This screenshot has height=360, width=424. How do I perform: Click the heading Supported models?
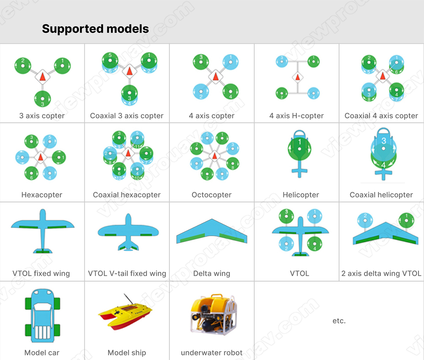point(95,29)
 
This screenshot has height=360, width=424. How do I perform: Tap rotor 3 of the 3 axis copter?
point(42,98)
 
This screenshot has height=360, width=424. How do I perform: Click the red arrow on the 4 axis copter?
point(215,76)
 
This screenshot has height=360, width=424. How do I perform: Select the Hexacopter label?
point(42,195)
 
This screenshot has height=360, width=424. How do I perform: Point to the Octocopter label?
point(211,195)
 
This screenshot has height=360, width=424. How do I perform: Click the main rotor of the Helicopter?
point(300,149)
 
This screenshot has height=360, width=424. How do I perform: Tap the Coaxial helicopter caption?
point(381,195)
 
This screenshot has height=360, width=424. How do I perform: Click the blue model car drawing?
point(42,315)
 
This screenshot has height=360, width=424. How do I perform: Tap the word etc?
point(339,321)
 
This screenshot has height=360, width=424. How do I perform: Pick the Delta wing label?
point(212,274)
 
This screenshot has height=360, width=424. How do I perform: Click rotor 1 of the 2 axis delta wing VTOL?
point(406,221)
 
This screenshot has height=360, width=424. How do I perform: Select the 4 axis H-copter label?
point(296,116)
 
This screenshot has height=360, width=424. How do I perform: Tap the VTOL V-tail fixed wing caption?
point(127,274)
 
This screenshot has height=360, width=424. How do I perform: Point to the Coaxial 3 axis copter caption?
point(127,116)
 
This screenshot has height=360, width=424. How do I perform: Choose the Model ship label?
point(127,353)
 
